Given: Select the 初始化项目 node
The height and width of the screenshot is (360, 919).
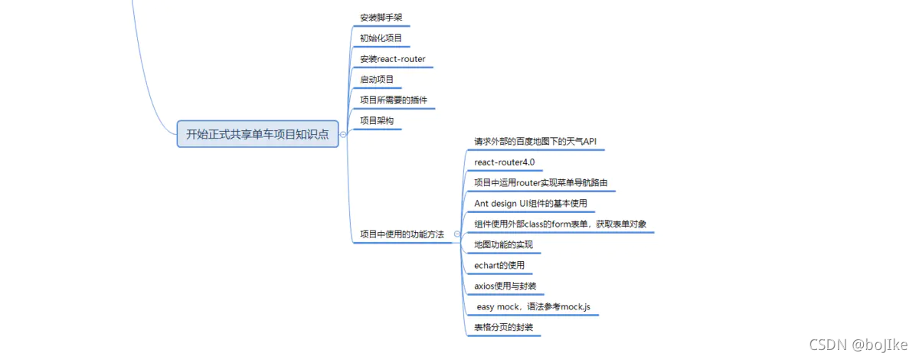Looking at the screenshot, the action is tap(381, 38).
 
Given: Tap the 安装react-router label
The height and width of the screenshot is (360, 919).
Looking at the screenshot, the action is tap(392, 59).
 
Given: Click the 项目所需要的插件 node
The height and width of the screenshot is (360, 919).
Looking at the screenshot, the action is tap(393, 100).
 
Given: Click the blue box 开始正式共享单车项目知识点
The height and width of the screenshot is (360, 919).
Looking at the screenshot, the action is tap(257, 134).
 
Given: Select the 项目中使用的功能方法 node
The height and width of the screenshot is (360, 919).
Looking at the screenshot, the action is tap(401, 234).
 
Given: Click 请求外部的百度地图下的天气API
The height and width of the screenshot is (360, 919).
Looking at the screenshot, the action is tap(535, 142).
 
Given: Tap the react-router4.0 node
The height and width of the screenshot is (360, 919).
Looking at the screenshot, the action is tap(504, 162).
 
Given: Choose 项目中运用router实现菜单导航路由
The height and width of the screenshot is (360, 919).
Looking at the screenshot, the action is tap(541, 183).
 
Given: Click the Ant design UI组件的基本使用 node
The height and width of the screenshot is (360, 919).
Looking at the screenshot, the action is tap(530, 204).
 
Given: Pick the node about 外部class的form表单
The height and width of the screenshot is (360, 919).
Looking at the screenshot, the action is tap(560, 224).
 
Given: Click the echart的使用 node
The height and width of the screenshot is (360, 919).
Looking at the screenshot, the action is tap(499, 266).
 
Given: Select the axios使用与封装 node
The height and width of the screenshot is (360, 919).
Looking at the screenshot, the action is tap(505, 286).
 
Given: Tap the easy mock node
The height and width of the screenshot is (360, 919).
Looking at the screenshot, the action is tap(533, 307).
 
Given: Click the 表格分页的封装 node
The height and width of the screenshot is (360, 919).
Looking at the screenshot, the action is tap(502, 328).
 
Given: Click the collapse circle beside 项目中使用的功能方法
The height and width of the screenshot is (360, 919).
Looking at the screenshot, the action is tap(456, 234).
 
